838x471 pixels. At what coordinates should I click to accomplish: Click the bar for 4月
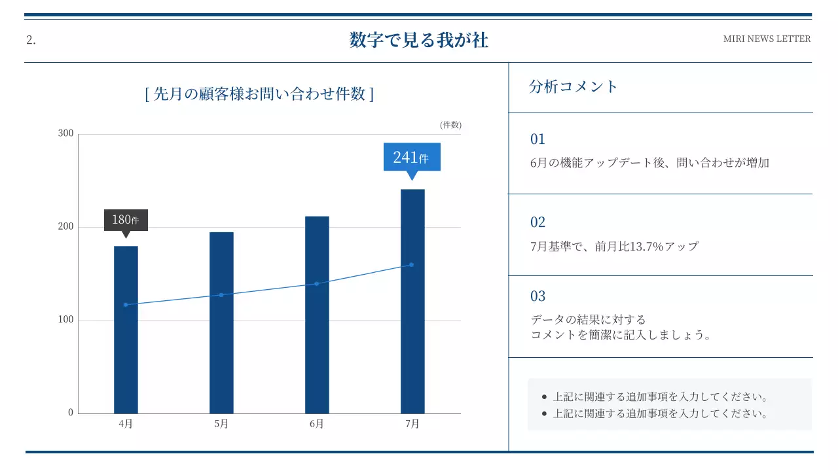(x=126, y=330)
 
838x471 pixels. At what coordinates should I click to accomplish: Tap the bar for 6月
(x=317, y=315)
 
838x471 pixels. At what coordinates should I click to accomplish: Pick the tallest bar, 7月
(x=412, y=301)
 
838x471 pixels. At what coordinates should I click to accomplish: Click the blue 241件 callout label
(x=412, y=157)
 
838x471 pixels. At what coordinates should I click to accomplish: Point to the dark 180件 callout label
(x=126, y=220)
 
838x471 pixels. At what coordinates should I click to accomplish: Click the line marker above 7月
(x=411, y=265)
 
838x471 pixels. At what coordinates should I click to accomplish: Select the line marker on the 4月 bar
(x=126, y=305)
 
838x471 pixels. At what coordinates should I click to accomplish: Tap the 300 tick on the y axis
(x=66, y=133)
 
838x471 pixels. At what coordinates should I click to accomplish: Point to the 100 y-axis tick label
(x=66, y=320)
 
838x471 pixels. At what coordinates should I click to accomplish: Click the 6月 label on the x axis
(x=317, y=424)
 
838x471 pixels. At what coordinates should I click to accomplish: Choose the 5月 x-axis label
(x=221, y=424)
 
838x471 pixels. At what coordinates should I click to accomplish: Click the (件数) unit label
(x=450, y=124)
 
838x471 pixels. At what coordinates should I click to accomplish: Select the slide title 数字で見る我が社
(x=419, y=40)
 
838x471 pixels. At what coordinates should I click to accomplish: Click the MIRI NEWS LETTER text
(x=767, y=39)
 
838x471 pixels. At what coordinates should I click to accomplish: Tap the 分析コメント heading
(x=574, y=86)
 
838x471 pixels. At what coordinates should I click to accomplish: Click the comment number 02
(x=537, y=222)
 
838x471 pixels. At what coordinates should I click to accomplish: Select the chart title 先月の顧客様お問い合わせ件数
(x=259, y=94)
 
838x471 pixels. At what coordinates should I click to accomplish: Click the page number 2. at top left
(x=31, y=40)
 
